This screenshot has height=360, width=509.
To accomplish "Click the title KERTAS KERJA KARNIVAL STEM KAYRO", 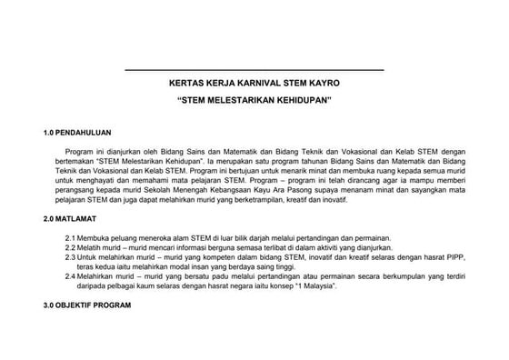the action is coord(254,82).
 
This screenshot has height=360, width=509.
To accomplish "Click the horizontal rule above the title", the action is coord(254,70).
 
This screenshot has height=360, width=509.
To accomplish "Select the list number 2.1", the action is coord(70,237).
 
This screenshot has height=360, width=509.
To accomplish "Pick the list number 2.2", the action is coord(70,247).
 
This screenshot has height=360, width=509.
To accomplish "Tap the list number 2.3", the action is coord(70,257).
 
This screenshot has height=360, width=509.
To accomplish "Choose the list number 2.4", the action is coord(70,276).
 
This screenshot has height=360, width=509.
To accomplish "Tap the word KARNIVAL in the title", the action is coord(240,82).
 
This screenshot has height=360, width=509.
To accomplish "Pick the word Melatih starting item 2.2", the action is coord(92,247).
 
